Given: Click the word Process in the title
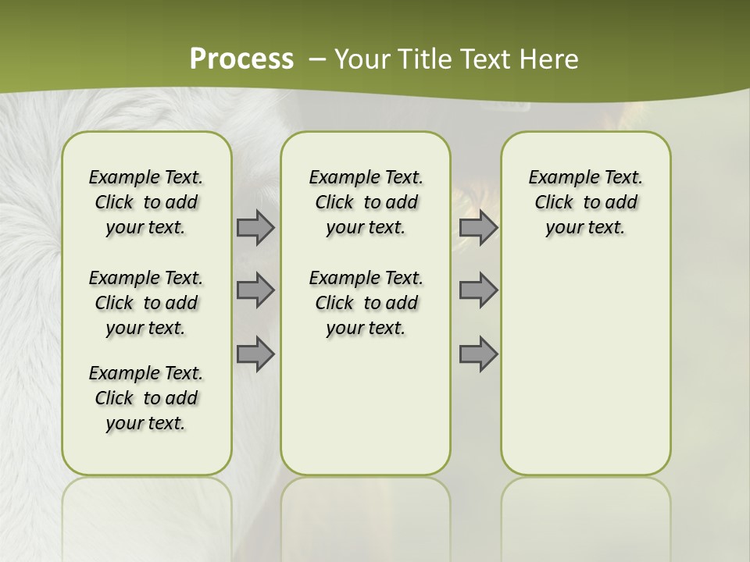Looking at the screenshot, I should click(x=241, y=59).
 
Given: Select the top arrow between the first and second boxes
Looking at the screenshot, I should click(x=255, y=227).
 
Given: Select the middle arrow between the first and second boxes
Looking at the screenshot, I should click(x=255, y=290).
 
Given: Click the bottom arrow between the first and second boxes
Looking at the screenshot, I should click(x=255, y=354).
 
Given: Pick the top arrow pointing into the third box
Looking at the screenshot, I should click(x=478, y=227).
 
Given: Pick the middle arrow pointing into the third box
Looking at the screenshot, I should click(x=478, y=290).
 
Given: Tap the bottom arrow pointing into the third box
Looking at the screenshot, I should click(x=478, y=354).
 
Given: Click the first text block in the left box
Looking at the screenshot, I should click(x=146, y=202).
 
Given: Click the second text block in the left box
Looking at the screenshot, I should click(x=146, y=303).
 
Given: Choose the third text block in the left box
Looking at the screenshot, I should click(x=146, y=398).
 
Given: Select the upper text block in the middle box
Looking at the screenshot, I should click(x=366, y=202).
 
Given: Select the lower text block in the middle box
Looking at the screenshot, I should click(x=366, y=303).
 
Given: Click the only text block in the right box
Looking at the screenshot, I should click(x=585, y=202).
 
